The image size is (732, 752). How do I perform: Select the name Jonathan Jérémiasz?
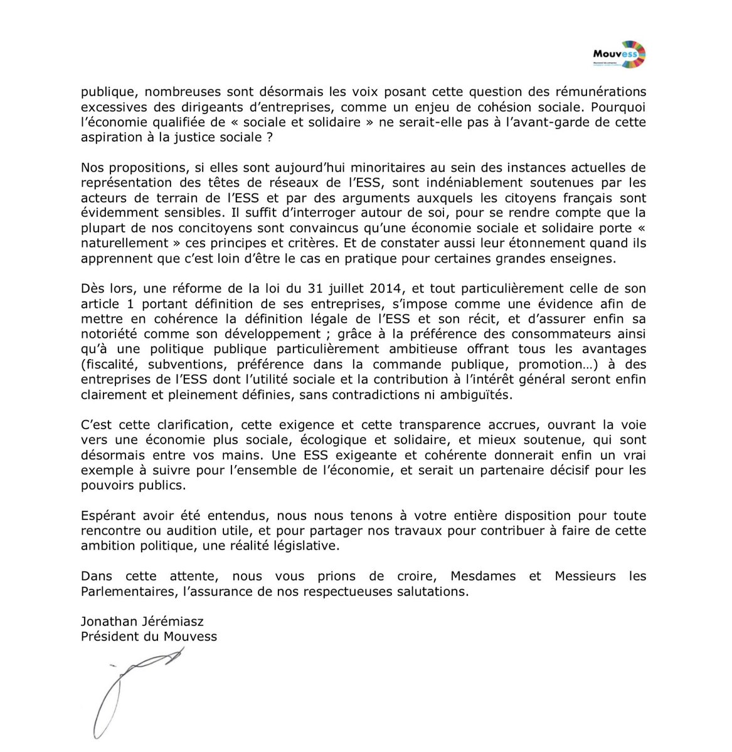click(142, 622)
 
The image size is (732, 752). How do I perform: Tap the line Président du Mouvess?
click(149, 637)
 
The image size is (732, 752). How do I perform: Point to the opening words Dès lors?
click(108, 289)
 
